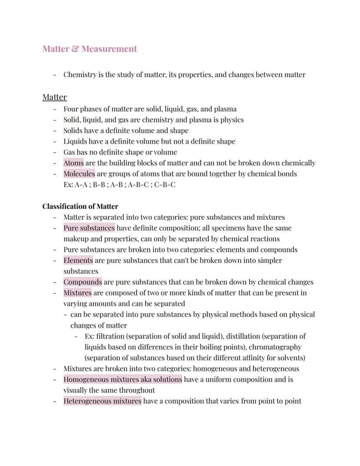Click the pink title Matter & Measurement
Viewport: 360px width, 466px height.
pyautogui.click(x=90, y=49)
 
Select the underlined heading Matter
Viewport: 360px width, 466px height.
pyautogui.click(x=54, y=97)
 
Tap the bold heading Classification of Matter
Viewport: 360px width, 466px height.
pyautogui.click(x=80, y=206)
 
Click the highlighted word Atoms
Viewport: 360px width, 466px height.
pyautogui.click(x=73, y=163)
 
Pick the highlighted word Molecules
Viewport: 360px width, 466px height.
pyautogui.click(x=79, y=174)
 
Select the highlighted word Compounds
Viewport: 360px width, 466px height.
pyautogui.click(x=83, y=282)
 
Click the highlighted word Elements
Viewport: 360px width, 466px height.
pyautogui.click(x=78, y=261)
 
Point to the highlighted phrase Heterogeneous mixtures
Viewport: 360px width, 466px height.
pyautogui.click(x=102, y=401)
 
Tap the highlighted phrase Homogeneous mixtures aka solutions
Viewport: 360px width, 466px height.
pyautogui.click(x=123, y=379)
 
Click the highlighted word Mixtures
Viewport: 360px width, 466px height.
pyautogui.click(x=77, y=293)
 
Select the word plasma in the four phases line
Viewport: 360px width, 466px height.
pyautogui.click(x=225, y=109)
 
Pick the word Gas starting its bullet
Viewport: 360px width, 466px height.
pyautogui.click(x=69, y=152)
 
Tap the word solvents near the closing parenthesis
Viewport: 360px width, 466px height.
pyautogui.click(x=288, y=358)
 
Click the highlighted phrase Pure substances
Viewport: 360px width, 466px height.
pyautogui.click(x=89, y=228)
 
